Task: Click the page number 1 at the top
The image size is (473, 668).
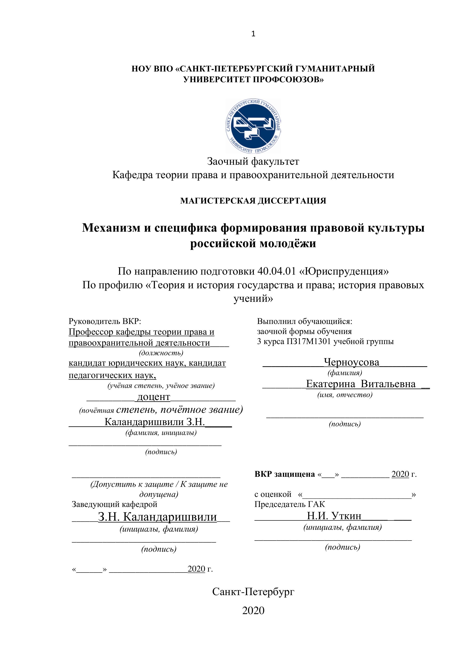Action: tap(253, 34)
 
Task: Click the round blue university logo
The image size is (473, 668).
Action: tap(253, 126)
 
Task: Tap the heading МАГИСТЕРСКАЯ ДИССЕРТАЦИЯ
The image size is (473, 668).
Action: tap(253, 201)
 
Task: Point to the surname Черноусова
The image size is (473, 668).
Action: tap(352, 362)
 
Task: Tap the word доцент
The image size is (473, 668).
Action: tap(153, 397)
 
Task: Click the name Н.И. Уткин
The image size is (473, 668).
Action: tap(334, 516)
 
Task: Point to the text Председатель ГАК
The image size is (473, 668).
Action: tap(290, 504)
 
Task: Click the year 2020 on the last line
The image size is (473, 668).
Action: tap(253, 610)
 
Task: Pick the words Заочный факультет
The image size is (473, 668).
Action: tap(253, 161)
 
